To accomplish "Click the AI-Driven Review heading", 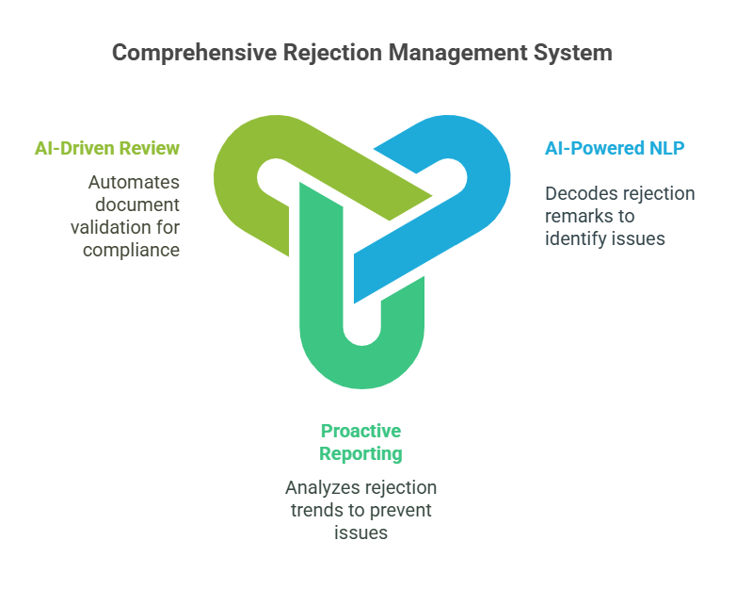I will [106, 148].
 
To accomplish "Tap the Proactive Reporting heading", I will [360, 442].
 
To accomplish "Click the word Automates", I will [134, 182].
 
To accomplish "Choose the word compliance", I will [131, 250].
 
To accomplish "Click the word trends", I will [313, 511].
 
